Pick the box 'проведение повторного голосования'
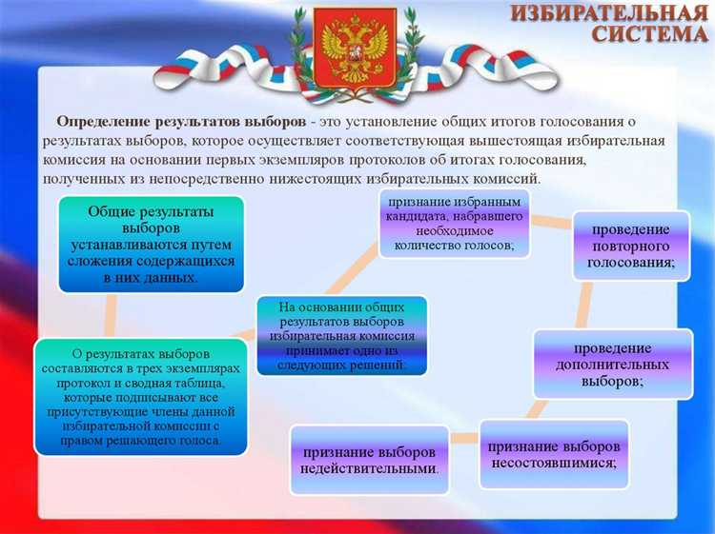[630, 246]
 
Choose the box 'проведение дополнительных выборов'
[611, 365]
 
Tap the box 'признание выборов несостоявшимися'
[553, 454]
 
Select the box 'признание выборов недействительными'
[370, 460]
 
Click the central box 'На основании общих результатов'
[341, 336]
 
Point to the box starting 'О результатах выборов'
[139, 395]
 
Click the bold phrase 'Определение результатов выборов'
[181, 123]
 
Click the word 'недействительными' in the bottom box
[370, 469]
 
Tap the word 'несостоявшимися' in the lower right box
[552, 464]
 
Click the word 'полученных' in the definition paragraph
[80, 179]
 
